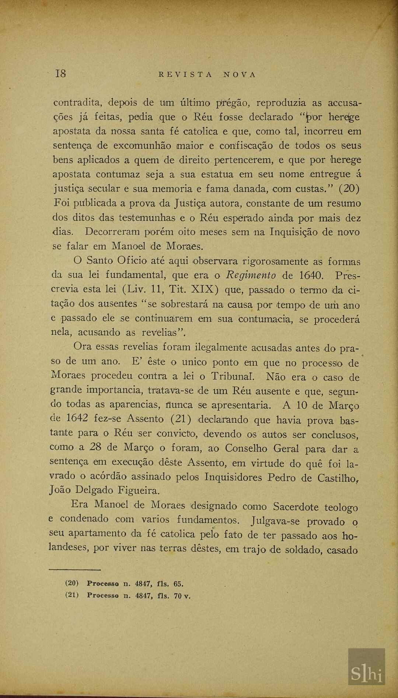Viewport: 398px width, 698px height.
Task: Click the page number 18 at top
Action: tap(60, 74)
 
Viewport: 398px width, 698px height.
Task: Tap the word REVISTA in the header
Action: tap(185, 74)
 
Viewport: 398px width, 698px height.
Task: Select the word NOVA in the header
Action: tap(239, 74)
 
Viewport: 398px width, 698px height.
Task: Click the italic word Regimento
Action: tap(251, 275)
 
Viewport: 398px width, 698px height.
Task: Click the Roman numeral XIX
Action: tap(203, 290)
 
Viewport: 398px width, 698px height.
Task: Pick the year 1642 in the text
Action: tap(77, 418)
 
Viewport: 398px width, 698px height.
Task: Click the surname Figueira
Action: tap(139, 491)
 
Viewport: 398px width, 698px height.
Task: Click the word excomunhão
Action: tap(142, 145)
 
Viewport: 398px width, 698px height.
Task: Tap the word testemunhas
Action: tap(147, 218)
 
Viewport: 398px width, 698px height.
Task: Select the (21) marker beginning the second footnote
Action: tap(72, 595)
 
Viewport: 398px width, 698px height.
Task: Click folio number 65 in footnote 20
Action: tap(178, 583)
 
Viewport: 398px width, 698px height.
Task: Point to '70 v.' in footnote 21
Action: tap(182, 596)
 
